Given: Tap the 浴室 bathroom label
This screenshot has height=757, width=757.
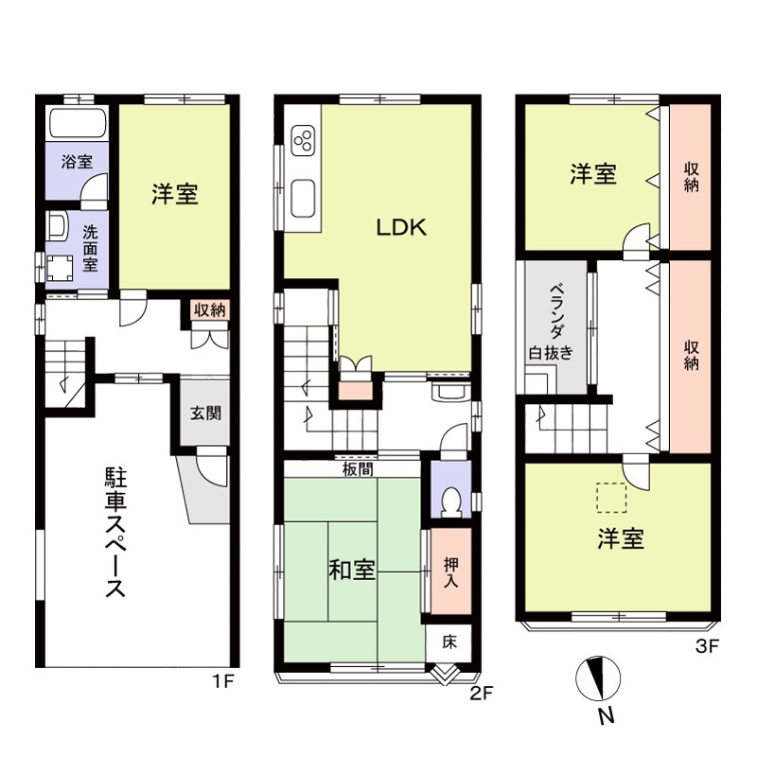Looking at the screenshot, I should coord(77,161).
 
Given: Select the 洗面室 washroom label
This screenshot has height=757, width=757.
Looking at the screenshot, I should coord(89,248).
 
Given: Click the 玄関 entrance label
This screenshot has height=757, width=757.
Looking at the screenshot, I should coord(205,414).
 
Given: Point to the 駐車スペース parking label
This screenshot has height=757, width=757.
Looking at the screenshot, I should coord(114,533).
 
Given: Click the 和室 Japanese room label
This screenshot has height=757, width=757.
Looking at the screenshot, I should coord(351,571).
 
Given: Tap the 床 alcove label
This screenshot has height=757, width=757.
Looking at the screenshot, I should coord(449,641).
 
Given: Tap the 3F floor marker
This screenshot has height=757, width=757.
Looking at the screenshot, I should coord(708,648).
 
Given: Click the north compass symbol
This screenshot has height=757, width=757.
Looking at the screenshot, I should coord(598,678).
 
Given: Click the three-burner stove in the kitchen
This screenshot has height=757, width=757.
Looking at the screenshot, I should coord(305,143).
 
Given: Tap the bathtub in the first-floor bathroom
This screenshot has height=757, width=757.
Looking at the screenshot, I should coord(77,124).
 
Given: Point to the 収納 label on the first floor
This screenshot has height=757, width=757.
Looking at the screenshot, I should coord(210,310).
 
